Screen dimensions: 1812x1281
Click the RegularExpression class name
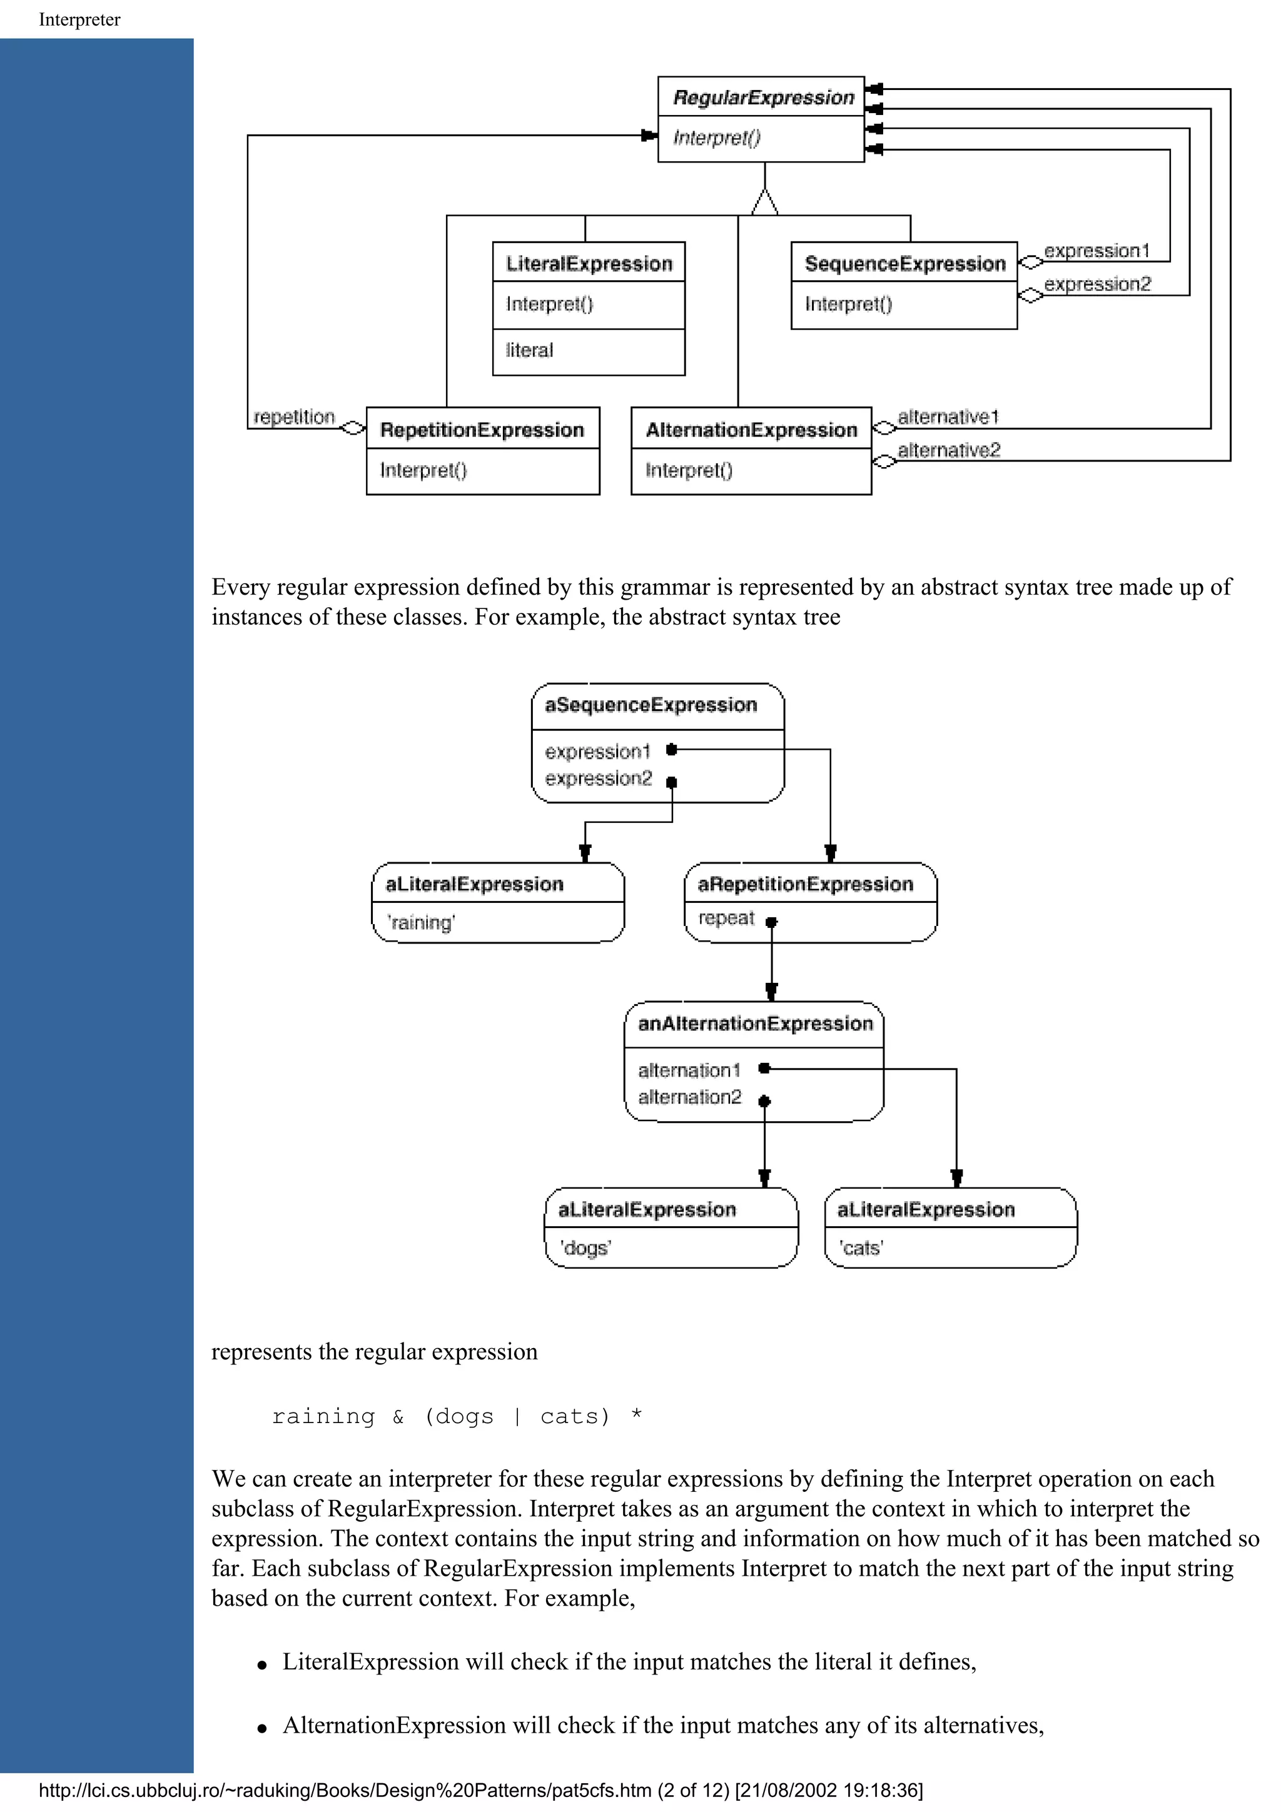pos(763,98)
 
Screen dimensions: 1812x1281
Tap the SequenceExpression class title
pos(904,264)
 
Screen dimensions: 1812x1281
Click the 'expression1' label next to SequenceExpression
pos(1096,251)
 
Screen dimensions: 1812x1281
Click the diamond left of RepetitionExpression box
pos(352,428)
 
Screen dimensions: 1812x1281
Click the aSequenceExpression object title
pos(651,705)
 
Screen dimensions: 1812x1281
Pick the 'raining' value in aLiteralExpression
pos(421,923)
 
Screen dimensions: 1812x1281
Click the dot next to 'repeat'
pos(772,922)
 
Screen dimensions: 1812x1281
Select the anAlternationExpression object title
pos(756,1024)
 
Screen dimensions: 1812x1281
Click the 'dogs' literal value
pos(585,1248)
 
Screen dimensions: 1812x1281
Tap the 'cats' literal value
pos(861,1248)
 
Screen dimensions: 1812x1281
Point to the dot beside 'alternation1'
pos(764,1069)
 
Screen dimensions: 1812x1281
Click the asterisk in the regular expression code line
pos(636,1417)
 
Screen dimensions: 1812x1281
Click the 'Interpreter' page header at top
pos(79,20)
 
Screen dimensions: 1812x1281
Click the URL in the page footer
pos(347,1790)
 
